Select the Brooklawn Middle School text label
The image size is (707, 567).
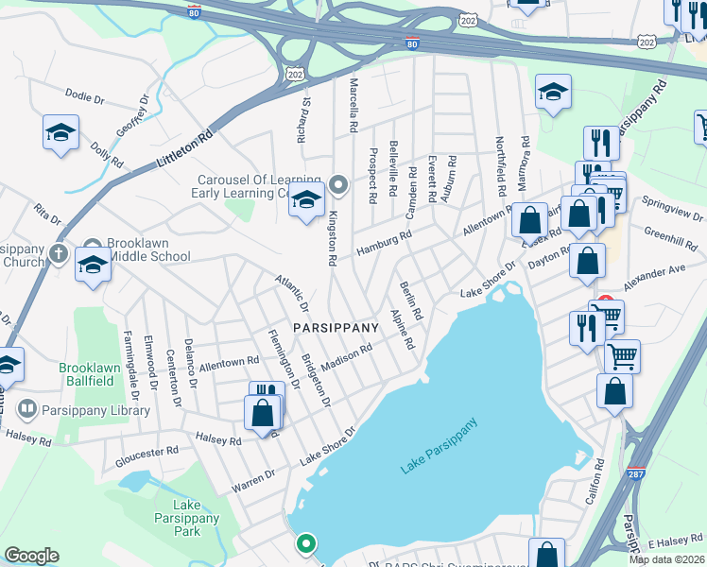(x=148, y=249)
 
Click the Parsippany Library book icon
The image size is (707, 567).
(x=27, y=409)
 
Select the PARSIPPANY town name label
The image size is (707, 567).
(x=336, y=327)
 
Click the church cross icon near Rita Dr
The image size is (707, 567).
(x=59, y=253)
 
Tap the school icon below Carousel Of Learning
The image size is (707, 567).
(x=306, y=200)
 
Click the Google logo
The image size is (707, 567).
(x=31, y=556)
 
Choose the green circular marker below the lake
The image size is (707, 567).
(x=306, y=543)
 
